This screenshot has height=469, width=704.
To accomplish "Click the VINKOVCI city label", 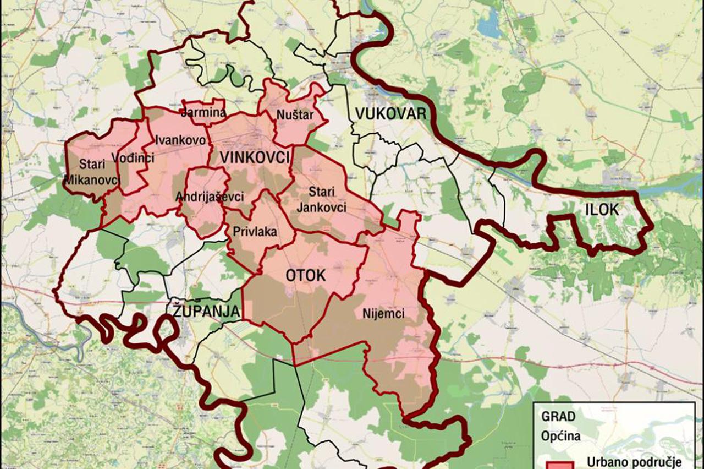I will click(255, 157).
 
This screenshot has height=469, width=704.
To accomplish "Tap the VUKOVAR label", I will click(391, 114).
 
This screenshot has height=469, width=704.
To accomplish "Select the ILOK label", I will click(602, 209).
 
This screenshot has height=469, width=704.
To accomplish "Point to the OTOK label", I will click(306, 276).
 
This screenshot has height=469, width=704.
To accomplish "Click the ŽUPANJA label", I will click(206, 312).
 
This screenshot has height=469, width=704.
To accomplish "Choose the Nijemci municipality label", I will click(383, 314).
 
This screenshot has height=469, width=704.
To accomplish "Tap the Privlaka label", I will click(255, 232).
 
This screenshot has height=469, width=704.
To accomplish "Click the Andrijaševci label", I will click(210, 197).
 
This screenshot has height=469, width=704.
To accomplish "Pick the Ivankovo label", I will click(181, 140).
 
